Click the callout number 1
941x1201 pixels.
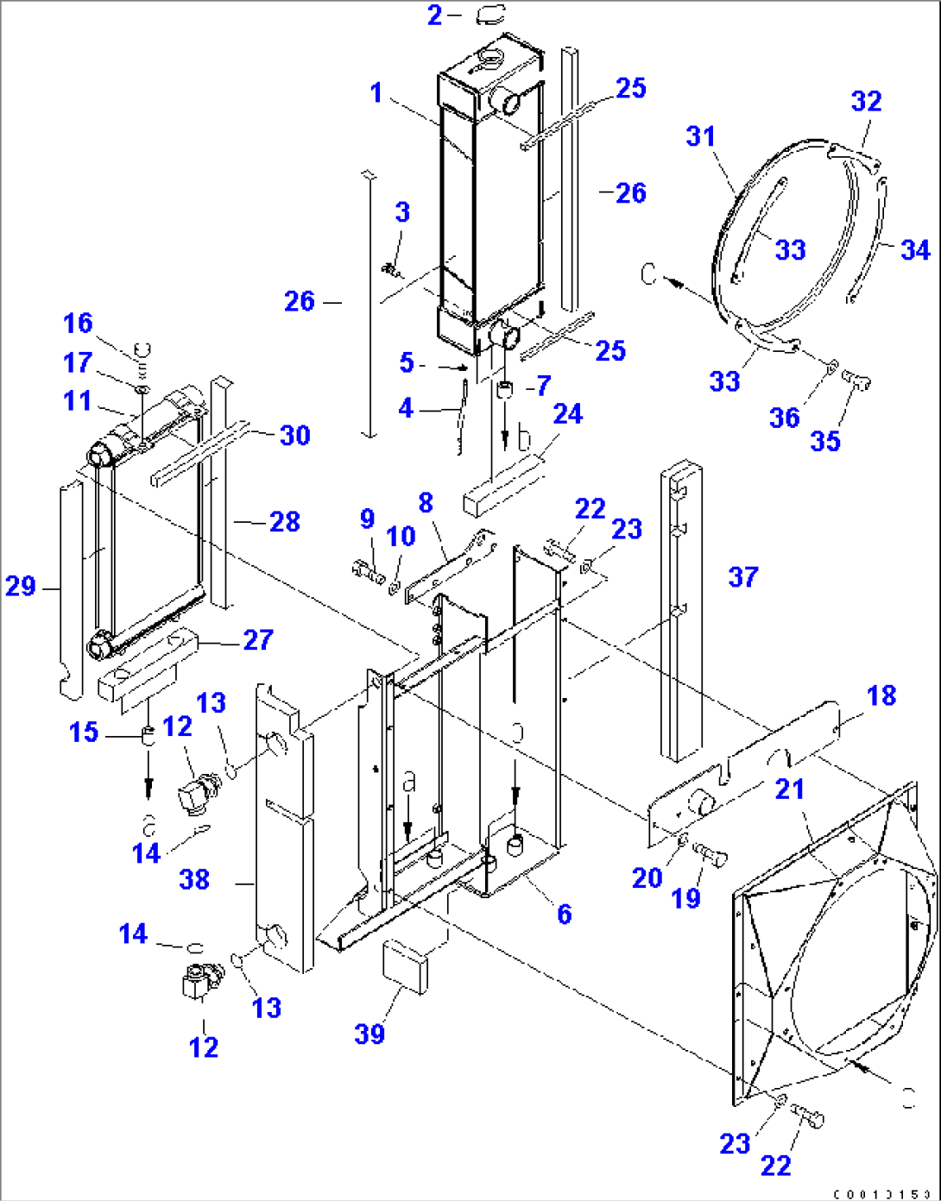coord(376,92)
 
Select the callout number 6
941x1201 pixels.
coord(564,914)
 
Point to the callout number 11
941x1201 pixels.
coord(78,401)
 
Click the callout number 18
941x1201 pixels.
coord(881,695)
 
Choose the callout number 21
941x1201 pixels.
coord(790,789)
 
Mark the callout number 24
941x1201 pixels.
coord(567,414)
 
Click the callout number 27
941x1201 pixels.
coord(258,639)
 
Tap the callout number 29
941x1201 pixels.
coord(21,587)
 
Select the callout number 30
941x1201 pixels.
coord(294,435)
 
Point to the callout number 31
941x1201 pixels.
coord(701,136)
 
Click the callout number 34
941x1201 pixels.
coord(915,250)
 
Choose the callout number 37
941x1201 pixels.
coord(743,576)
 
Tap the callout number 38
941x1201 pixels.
coord(194,879)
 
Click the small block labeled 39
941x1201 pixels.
coord(405,967)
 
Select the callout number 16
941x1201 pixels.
coord(78,324)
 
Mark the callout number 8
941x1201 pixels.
coord(425,502)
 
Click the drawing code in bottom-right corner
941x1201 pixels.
coord(882,1194)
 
